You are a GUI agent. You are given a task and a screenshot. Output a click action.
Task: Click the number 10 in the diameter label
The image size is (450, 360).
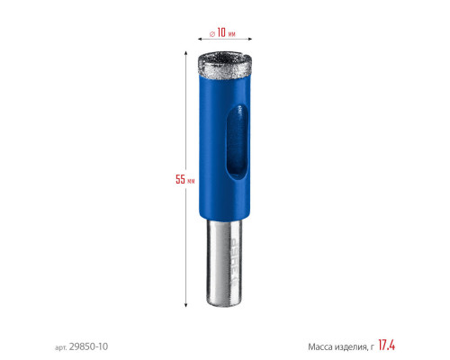click(221, 32)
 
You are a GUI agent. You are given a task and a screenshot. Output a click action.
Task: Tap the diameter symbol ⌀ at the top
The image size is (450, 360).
click(212, 34)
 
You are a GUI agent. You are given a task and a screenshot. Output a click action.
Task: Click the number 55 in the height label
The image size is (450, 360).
click(180, 179)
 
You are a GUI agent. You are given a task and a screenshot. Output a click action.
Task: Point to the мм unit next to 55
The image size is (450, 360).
click(191, 181)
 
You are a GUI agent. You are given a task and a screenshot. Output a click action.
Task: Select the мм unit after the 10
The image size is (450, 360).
click(231, 34)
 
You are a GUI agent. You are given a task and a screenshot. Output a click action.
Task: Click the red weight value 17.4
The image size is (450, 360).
click(386, 345)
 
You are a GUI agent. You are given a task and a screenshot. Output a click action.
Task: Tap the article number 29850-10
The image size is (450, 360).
click(88, 346)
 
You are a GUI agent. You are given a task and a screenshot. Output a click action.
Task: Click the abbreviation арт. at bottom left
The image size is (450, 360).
click(61, 347)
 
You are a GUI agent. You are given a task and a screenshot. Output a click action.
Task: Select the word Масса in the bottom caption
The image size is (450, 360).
click(320, 347)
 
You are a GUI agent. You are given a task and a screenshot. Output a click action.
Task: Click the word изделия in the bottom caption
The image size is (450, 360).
click(351, 347)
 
